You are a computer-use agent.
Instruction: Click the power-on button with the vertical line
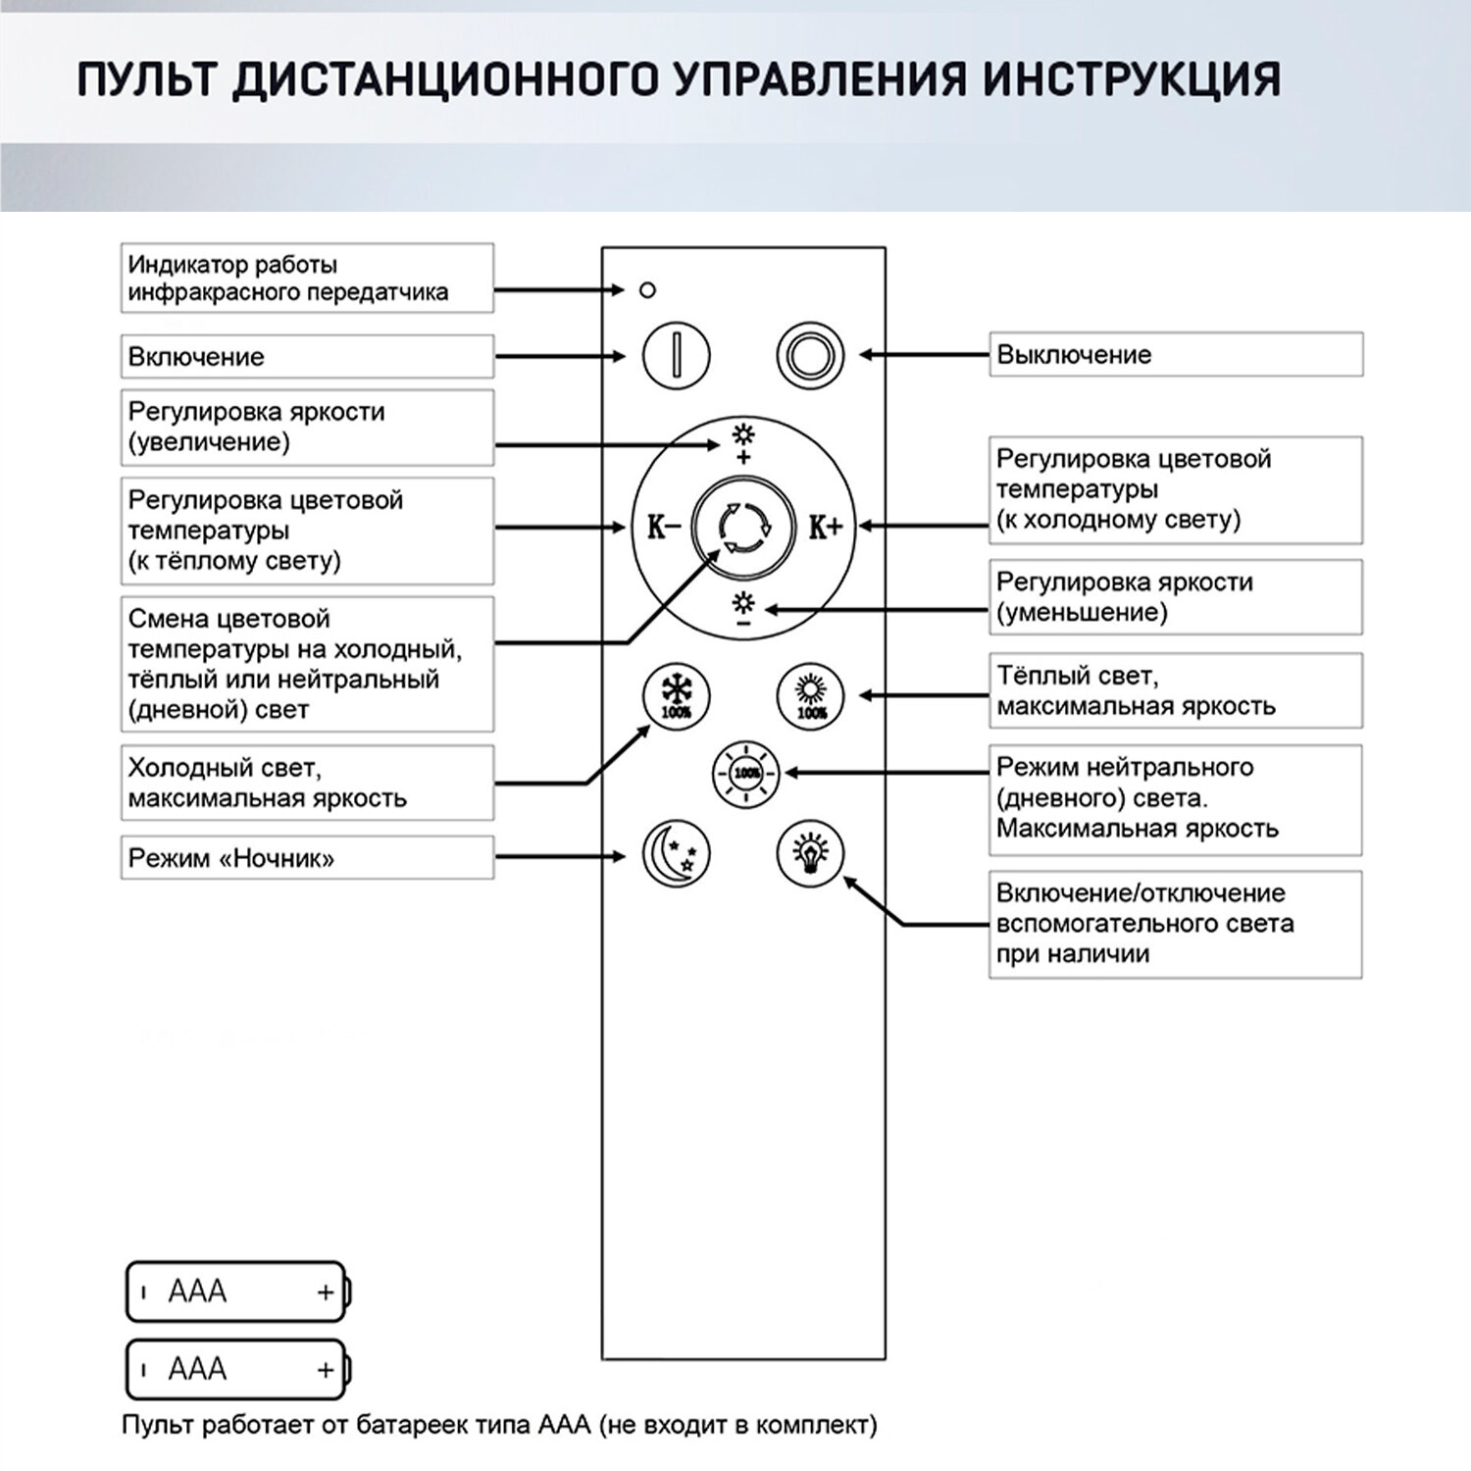click(676, 355)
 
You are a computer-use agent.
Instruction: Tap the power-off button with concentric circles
click(810, 355)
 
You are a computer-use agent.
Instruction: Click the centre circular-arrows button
click(743, 528)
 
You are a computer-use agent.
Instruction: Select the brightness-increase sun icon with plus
click(743, 442)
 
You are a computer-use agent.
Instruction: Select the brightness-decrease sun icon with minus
click(743, 609)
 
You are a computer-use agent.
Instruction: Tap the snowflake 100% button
click(676, 696)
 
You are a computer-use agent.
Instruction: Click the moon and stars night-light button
click(676, 853)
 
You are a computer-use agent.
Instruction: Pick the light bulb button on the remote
click(810, 852)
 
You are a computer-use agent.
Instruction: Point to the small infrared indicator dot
click(647, 290)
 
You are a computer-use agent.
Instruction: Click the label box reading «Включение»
click(307, 357)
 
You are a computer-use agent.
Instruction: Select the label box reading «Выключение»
click(1176, 354)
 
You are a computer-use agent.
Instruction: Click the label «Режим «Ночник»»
click(307, 858)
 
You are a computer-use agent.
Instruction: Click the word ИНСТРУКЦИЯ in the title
click(1132, 79)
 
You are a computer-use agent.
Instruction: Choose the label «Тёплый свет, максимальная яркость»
click(1176, 690)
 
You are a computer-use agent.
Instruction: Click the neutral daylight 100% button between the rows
click(746, 773)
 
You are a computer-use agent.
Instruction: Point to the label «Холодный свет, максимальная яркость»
click(307, 783)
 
